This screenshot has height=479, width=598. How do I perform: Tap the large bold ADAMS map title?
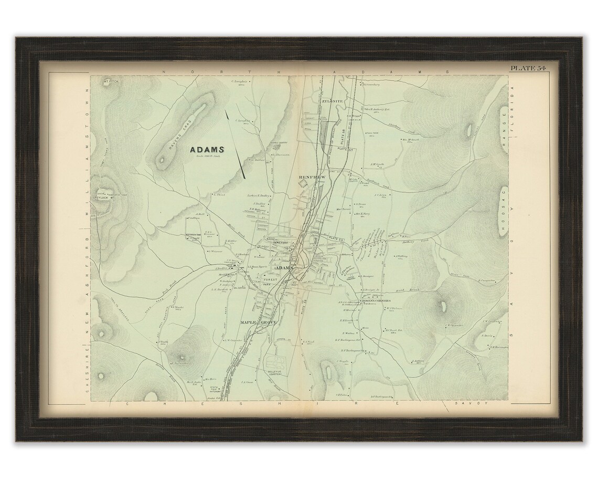207,150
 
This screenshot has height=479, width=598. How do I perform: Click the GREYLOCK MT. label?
104,198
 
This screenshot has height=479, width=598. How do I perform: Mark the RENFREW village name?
312,178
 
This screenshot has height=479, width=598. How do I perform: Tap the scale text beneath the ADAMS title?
207,158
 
